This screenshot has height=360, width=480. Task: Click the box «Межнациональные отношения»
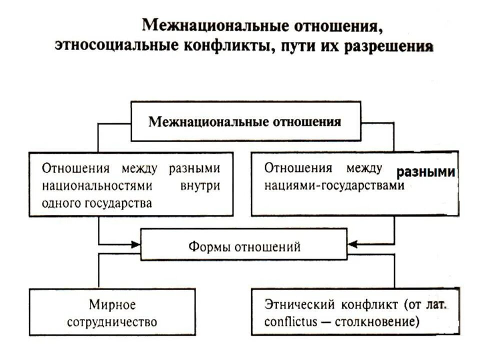[x=245, y=121]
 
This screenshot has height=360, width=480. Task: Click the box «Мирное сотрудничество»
[x=112, y=312]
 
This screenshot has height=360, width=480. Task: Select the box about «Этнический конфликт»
[x=354, y=312]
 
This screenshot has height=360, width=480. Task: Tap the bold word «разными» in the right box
[x=426, y=172]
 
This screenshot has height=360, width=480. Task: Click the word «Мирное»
[x=112, y=304]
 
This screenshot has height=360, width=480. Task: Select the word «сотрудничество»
[x=112, y=321]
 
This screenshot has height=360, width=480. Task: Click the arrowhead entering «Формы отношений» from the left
[x=135, y=244]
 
